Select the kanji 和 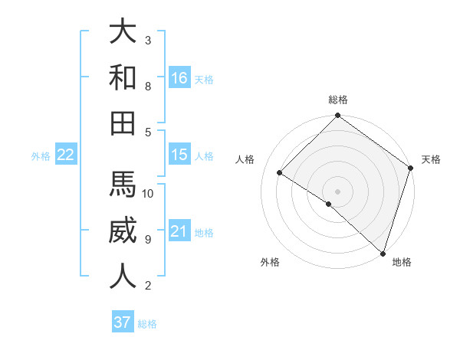click(123, 77)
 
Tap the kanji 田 click(123, 123)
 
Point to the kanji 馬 click(123, 184)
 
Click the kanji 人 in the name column click(123, 276)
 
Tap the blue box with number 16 click(179, 78)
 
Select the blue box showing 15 click(179, 155)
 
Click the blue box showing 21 click(179, 231)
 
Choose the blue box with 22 click(66, 155)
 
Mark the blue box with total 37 click(123, 322)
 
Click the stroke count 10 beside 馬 click(148, 193)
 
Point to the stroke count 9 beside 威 click(148, 240)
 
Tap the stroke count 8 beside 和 click(148, 87)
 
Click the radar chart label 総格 click(338, 100)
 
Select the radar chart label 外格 click(270, 263)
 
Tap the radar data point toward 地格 click(382, 253)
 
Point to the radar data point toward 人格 click(280, 172)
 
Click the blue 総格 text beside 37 click(148, 324)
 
